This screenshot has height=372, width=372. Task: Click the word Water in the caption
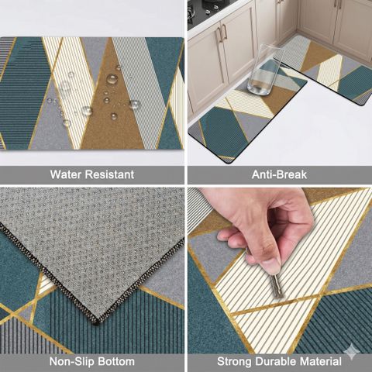tap(66, 174)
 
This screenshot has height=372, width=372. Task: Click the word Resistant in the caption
tap(110, 174)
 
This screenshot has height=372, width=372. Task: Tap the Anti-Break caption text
tap(279, 174)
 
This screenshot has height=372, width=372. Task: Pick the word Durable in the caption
tap(277, 361)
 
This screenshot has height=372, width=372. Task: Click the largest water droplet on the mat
tap(112, 78)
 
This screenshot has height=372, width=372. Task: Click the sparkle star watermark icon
tap(351, 351)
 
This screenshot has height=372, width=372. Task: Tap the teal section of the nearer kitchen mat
tap(223, 132)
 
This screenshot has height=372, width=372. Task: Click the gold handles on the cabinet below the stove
tap(222, 33)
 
